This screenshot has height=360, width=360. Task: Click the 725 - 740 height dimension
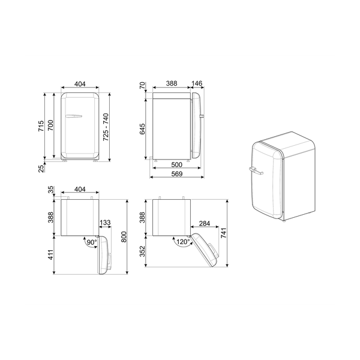coord(106,127)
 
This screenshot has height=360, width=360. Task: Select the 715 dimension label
coord(41,126)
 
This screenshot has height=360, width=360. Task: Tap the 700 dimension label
coord(50,125)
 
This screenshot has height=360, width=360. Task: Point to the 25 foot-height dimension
coord(41,168)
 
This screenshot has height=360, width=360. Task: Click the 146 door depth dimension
coord(197,83)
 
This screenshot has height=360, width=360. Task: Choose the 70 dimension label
coord(142,85)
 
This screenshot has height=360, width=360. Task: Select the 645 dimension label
coord(142,129)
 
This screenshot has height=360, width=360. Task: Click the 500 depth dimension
coord(177,164)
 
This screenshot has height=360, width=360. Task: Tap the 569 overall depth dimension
coord(177,174)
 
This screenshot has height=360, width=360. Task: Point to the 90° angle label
coord(92,242)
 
